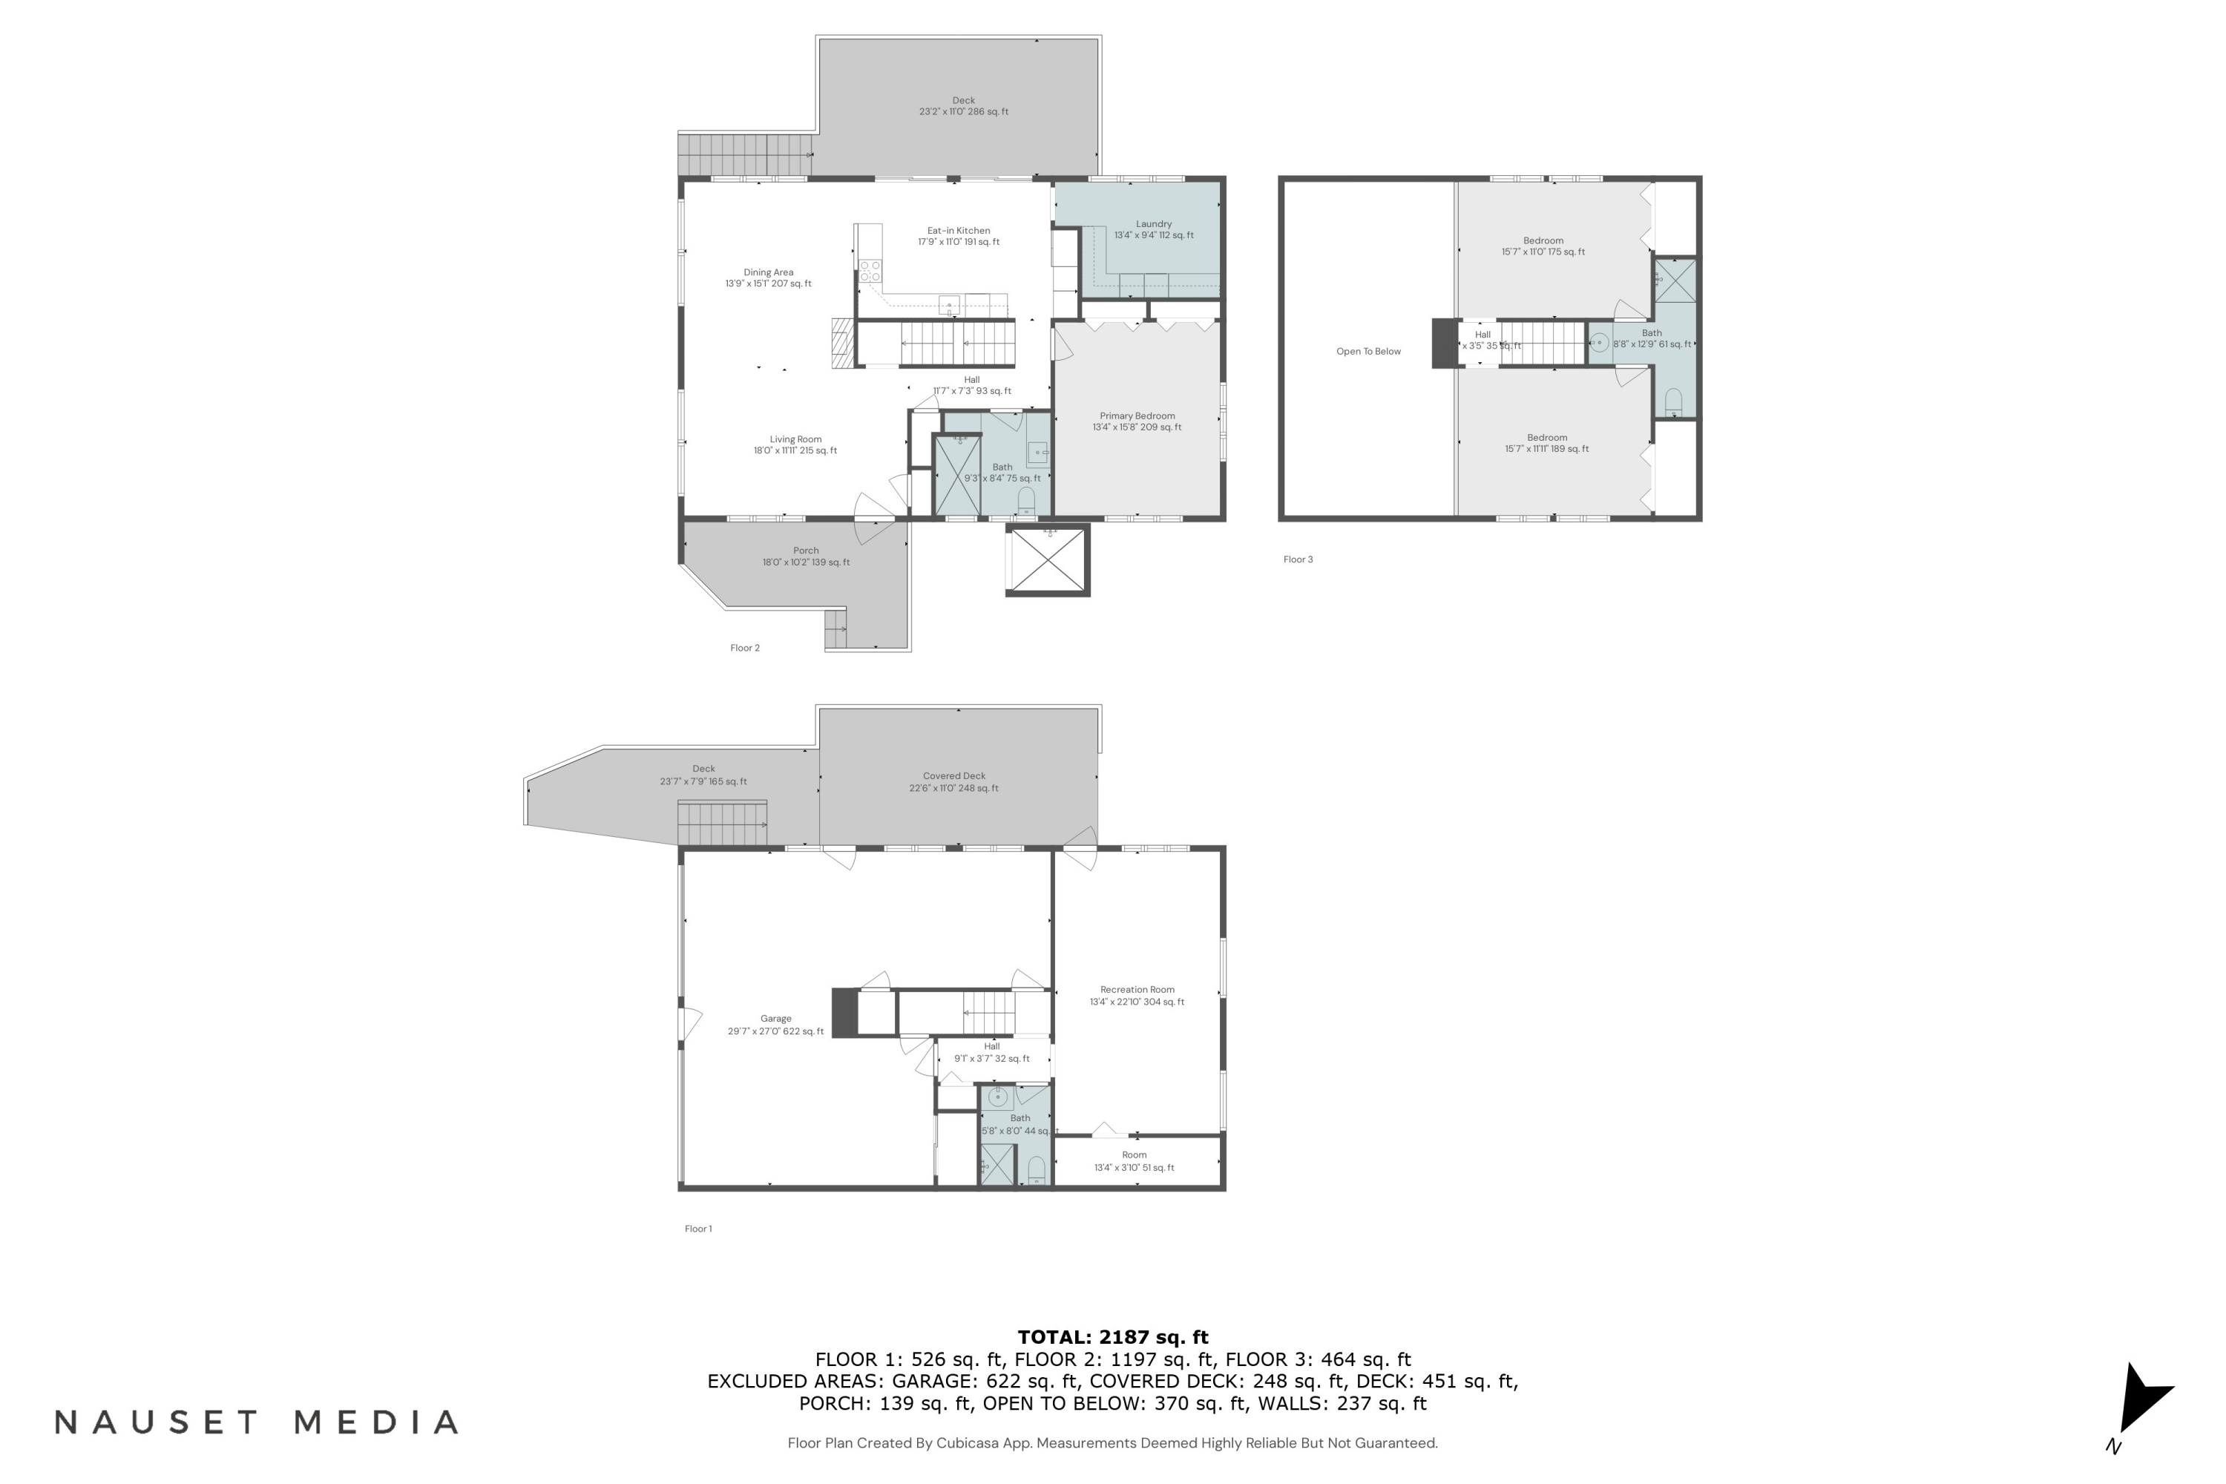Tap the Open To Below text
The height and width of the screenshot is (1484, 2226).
[1368, 351]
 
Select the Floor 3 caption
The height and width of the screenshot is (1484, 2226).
[1298, 559]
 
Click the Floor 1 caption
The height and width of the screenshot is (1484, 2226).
[697, 1229]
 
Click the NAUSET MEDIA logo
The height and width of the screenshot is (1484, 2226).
[257, 1422]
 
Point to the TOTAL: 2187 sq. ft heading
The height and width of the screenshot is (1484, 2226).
[1112, 1337]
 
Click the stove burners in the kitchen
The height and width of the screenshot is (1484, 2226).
[870, 270]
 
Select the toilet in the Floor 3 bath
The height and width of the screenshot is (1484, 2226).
[1673, 401]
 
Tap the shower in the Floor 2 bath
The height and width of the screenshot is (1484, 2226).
[957, 474]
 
